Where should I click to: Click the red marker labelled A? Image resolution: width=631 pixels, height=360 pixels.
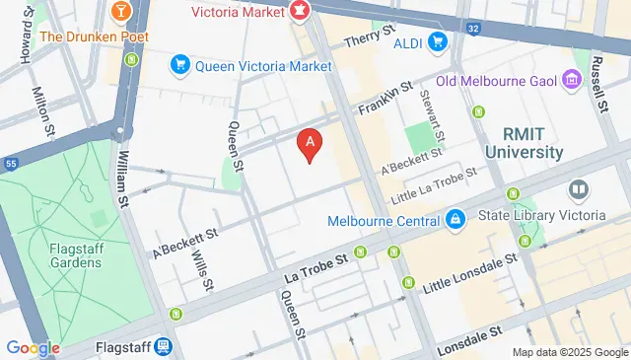tap(311, 145)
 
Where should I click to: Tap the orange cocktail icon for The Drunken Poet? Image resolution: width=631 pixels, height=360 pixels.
tap(120, 11)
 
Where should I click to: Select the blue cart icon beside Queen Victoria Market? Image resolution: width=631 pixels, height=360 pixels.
tap(179, 66)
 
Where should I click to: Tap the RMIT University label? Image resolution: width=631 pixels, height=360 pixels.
tap(524, 143)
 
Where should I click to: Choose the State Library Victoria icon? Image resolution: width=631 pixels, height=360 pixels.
tap(578, 188)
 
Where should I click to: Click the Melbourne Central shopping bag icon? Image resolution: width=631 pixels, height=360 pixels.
tap(454, 218)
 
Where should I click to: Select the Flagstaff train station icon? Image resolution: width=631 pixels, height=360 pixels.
tap(164, 347)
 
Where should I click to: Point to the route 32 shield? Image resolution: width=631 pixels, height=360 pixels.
tap(474, 29)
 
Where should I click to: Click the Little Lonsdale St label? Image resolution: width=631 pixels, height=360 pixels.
tap(470, 276)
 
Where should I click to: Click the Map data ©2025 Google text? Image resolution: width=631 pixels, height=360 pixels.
tap(569, 352)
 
